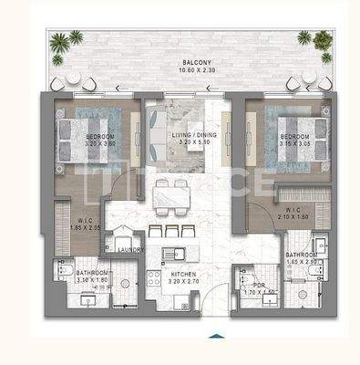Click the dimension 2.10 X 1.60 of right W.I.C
[293, 216]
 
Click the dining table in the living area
[171, 193]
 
